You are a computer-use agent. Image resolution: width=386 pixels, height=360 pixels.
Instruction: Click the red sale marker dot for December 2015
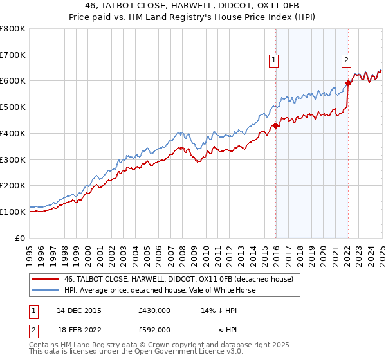[x=275, y=125]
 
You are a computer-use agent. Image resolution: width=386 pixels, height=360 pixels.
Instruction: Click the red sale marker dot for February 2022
[x=348, y=83]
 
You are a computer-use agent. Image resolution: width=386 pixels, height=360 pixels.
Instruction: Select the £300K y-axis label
[x=14, y=159]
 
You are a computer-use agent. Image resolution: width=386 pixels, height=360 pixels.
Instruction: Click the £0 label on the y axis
[x=21, y=238]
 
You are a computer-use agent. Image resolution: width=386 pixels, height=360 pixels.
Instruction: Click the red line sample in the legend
[x=45, y=279]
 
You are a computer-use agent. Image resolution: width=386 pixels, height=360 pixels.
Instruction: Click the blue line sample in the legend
[x=45, y=290]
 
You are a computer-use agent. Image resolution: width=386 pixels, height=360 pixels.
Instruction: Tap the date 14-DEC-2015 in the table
[x=78, y=310]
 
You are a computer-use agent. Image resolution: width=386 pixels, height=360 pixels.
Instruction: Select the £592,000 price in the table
[x=154, y=329]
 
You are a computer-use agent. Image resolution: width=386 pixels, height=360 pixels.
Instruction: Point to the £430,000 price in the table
[x=154, y=310]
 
